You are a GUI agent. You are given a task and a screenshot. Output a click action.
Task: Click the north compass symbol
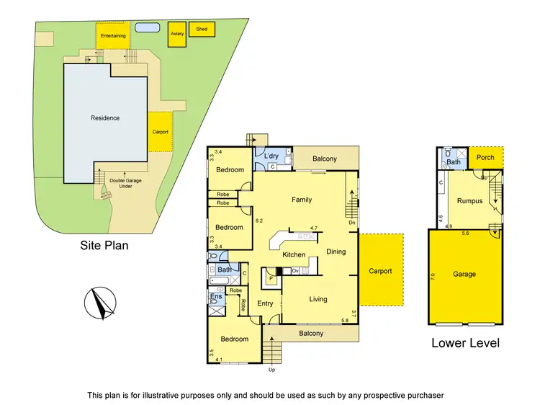(99, 303)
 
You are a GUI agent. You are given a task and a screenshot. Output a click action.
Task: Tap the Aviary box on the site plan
(176, 35)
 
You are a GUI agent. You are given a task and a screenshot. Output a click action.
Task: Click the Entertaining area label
(113, 35)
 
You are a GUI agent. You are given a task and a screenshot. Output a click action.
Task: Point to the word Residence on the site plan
(105, 118)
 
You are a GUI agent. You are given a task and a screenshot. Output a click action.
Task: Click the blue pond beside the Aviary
(147, 28)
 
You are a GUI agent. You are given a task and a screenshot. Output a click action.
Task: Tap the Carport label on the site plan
(160, 132)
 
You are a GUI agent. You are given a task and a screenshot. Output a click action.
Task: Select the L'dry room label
(271, 156)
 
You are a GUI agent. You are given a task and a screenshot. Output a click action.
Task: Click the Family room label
(301, 199)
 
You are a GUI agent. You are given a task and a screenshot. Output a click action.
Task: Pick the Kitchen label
(294, 255)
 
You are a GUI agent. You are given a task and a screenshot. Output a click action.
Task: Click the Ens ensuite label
(215, 296)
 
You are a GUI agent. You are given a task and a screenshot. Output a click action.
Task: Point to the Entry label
(265, 303)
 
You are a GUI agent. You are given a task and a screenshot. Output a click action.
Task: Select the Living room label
(318, 299)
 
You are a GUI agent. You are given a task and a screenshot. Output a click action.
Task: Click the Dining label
(336, 252)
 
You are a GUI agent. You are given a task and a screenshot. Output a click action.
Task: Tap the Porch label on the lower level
(486, 157)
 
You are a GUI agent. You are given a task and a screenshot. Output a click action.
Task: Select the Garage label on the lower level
(464, 274)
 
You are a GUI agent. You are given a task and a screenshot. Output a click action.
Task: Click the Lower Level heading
(465, 343)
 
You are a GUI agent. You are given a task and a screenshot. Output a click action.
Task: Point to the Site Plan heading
(104, 245)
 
